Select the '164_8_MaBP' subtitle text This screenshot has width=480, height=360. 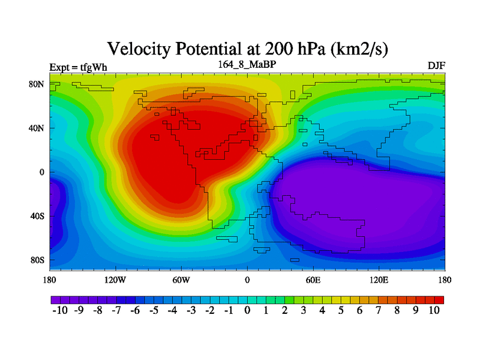point(247,63)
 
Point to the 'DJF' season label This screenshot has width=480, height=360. point(436,65)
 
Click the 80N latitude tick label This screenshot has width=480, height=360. point(38,84)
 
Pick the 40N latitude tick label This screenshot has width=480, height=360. point(38,128)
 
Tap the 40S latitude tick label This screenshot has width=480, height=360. point(38,216)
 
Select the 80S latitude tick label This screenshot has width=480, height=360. point(38,260)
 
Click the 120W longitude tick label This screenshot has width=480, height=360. point(115,280)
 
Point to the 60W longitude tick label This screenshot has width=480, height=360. point(181,280)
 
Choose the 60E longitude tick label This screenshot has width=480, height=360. point(313,280)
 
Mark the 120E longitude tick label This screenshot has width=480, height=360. point(379,280)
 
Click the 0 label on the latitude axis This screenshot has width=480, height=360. point(42,172)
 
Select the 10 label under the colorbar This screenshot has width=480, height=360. point(434,310)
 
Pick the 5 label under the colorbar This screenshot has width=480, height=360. point(341,310)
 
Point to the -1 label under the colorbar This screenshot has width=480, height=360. point(228,310)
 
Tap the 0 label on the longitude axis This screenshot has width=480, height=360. point(247,280)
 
